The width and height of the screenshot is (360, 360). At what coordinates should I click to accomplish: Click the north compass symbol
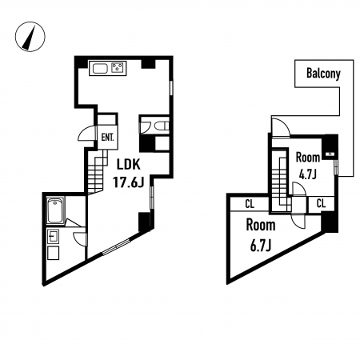click(x=30, y=37)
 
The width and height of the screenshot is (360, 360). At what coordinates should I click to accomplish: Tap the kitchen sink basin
click(x=100, y=69)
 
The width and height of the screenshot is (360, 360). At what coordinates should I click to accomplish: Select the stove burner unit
click(x=118, y=67)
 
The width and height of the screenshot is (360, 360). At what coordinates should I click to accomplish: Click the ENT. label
click(x=108, y=138)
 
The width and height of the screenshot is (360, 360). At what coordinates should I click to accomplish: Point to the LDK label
click(x=129, y=165)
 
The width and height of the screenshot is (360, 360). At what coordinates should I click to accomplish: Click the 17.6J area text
click(x=128, y=182)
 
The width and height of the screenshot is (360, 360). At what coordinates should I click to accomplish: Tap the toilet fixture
click(x=159, y=126)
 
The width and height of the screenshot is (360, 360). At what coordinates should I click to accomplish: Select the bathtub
click(x=56, y=210)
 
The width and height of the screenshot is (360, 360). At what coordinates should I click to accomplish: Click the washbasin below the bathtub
click(x=53, y=237)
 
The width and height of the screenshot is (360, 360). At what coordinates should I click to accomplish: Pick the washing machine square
click(x=53, y=253)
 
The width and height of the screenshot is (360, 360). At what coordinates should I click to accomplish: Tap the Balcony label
click(x=323, y=74)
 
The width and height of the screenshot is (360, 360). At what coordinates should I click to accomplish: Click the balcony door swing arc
click(x=283, y=125)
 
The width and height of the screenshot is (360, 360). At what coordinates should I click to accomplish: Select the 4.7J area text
click(x=308, y=175)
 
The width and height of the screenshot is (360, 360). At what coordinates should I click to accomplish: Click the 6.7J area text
click(x=261, y=245)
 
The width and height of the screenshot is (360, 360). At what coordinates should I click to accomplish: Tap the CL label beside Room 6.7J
click(x=250, y=204)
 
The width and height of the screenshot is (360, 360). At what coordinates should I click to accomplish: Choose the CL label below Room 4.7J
click(x=321, y=204)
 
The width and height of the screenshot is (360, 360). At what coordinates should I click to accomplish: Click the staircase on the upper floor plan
click(x=282, y=181)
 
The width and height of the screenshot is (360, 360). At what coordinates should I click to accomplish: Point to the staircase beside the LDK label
click(x=97, y=170)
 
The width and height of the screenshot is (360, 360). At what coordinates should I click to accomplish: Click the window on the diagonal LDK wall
click(x=116, y=247)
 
